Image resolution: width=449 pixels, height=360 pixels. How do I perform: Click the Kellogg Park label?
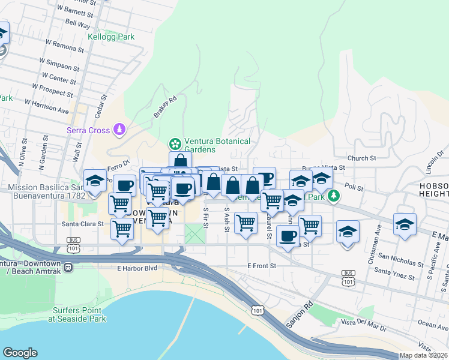click(111, 37)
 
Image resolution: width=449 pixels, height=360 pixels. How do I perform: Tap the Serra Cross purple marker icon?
click(121, 130)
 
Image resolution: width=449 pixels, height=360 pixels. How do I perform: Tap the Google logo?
click(20, 353)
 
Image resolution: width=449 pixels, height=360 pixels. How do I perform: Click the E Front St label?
click(261, 265)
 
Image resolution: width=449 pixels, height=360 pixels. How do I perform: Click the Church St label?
click(361, 158)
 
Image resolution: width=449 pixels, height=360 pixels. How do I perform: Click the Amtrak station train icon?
click(69, 267)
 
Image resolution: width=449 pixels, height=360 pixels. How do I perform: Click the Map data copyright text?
click(424, 355)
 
